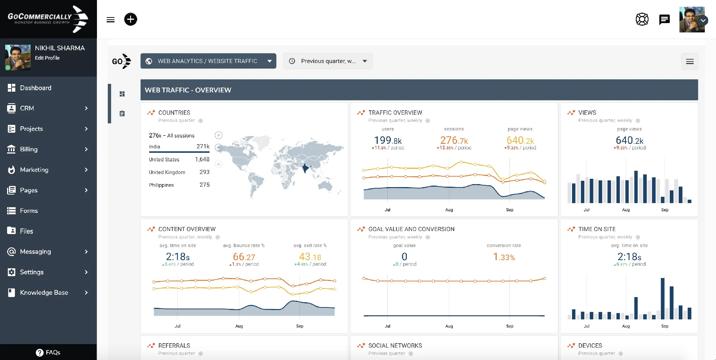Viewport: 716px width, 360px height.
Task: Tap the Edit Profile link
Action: [47, 58]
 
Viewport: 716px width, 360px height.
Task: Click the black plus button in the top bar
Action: [131, 19]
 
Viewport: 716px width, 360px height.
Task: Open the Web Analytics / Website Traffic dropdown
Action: [208, 61]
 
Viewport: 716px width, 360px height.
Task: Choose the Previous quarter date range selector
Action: [328, 61]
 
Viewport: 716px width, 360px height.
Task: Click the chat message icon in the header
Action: [664, 19]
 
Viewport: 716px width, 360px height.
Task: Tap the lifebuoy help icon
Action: [642, 19]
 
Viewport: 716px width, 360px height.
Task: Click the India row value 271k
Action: [203, 146]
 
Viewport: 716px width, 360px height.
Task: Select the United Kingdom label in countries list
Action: [167, 172]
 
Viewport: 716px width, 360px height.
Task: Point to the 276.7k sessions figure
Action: [454, 140]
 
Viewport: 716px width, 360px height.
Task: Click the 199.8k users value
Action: [388, 140]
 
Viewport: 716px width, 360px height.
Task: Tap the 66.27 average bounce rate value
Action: [244, 257]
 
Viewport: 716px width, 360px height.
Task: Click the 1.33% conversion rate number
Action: [504, 257]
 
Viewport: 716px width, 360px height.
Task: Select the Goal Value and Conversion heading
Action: [411, 229]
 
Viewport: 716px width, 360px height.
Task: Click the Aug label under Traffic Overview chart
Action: [449, 210]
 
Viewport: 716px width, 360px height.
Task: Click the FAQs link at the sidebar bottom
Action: [48, 352]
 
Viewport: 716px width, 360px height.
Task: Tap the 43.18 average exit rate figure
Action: [310, 257]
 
